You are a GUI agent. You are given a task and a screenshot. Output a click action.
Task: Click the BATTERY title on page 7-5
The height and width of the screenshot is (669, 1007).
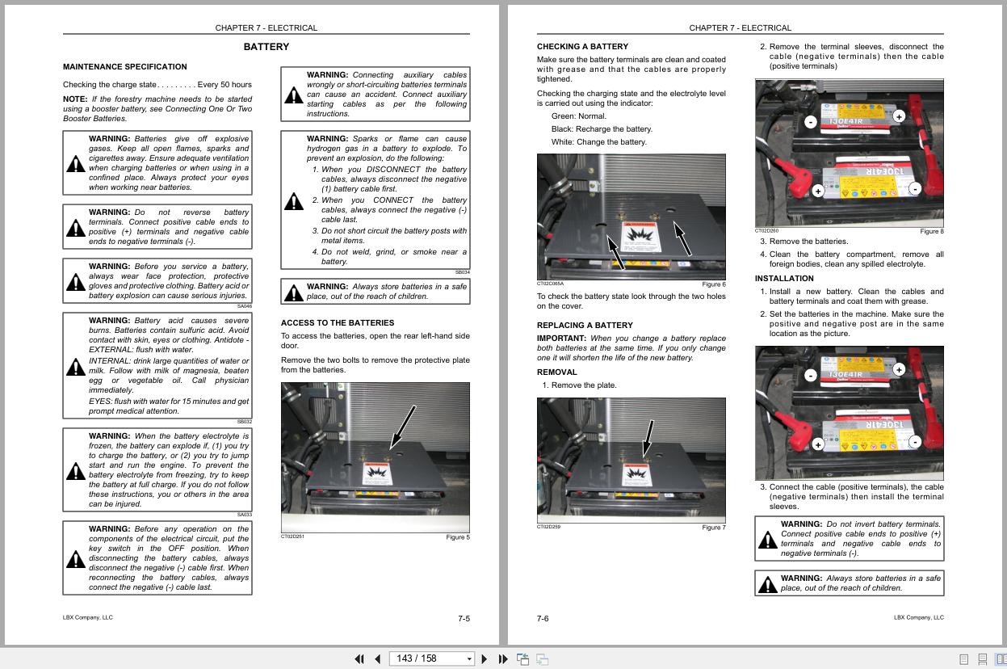coord(266,47)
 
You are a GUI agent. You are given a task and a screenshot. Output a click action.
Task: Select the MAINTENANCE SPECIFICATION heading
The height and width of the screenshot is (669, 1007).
coord(124,67)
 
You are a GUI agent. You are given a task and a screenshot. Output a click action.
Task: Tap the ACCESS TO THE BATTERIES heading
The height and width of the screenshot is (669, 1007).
coord(337,323)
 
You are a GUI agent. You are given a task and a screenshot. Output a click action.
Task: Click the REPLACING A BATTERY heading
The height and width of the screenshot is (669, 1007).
coord(585,326)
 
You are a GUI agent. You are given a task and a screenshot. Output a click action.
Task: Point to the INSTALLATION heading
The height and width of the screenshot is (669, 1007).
coord(783,279)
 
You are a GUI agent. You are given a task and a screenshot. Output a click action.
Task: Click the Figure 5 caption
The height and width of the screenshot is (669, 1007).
coord(457,537)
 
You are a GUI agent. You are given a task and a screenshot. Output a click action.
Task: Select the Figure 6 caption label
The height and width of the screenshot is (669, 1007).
coord(713,284)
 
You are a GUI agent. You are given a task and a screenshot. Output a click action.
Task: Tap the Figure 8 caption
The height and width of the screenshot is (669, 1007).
coord(931,232)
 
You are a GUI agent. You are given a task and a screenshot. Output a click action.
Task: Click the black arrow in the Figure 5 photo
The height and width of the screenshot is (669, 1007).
coord(402,426)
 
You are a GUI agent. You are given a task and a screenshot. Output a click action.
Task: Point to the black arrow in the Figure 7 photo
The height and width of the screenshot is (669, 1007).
coord(648,439)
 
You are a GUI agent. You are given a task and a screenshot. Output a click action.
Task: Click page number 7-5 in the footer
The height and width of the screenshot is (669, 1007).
coord(464,619)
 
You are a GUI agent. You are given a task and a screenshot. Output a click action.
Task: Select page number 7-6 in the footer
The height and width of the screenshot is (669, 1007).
coord(543,619)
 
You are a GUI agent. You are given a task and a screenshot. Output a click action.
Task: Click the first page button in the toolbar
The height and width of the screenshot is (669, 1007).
coord(359,658)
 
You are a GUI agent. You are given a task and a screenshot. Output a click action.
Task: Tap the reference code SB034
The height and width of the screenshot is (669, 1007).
coord(461,273)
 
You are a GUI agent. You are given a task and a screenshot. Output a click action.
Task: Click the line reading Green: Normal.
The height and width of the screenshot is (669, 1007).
coord(578,116)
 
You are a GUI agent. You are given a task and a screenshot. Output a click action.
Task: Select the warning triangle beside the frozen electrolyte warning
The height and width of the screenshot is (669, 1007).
coord(75,470)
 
